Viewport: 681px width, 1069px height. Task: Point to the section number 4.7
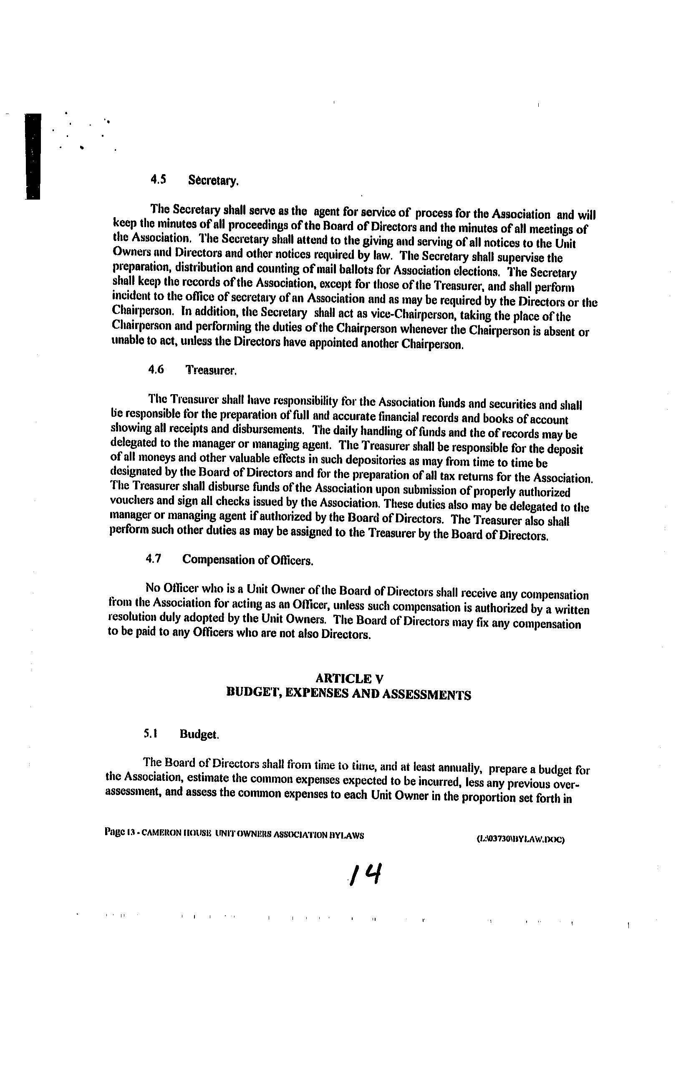coord(153,560)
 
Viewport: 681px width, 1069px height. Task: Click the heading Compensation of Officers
coord(247,560)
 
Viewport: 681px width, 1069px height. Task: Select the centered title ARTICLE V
coord(349,678)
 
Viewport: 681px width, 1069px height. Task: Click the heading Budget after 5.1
coord(199,735)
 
